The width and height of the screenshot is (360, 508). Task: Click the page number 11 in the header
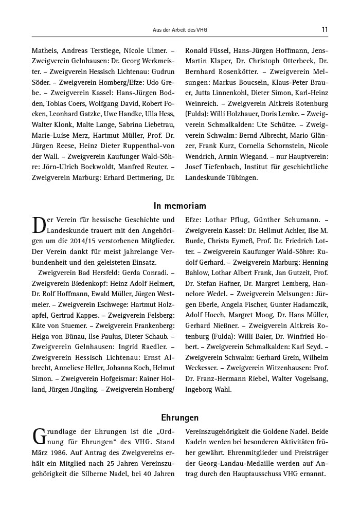click(x=325, y=29)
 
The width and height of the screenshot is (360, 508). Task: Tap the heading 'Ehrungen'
click(x=180, y=418)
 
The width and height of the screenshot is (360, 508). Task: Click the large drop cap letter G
click(x=39, y=437)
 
